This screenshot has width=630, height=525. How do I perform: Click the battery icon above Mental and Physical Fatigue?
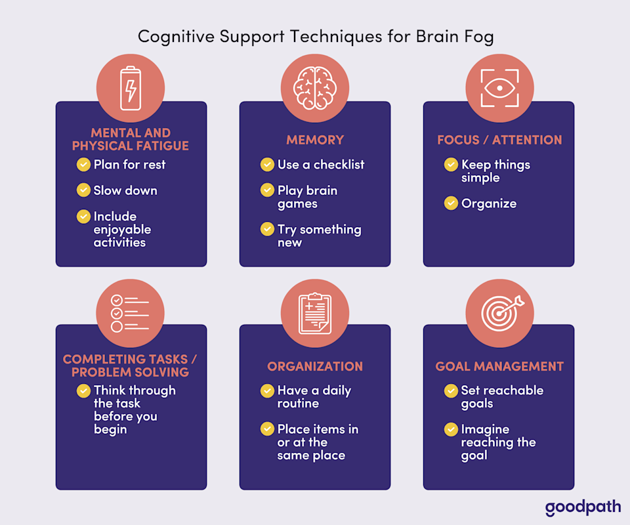point(131,89)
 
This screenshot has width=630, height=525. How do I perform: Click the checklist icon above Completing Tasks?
point(131,312)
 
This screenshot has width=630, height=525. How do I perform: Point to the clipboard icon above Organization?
point(314,312)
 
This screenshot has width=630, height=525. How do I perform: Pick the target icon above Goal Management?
point(499,312)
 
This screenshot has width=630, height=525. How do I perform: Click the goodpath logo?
point(579,507)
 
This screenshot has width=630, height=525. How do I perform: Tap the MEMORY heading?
point(315,140)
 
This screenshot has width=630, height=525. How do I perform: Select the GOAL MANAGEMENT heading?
point(499,366)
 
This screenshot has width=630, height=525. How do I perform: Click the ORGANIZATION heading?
point(315,366)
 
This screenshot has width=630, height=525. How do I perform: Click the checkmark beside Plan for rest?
point(83,165)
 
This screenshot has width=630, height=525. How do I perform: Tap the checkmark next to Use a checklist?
point(267,165)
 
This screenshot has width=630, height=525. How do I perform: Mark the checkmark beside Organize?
point(451,203)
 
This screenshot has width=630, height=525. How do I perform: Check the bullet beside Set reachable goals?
point(451,391)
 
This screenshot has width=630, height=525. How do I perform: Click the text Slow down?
point(125,190)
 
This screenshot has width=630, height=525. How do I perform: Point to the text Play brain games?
point(307,197)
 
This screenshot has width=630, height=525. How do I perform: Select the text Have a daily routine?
point(314,397)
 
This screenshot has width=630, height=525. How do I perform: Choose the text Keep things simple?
point(495,171)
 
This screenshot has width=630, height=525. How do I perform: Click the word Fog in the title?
point(478,36)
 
